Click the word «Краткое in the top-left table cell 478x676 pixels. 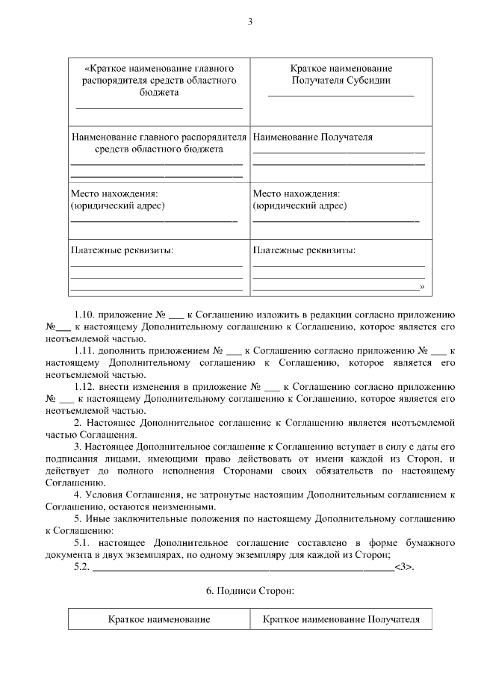pyautogui.click(x=106, y=68)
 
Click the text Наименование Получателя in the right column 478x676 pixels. pyautogui.click(x=313, y=137)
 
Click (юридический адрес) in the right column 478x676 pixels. pyautogui.click(x=299, y=205)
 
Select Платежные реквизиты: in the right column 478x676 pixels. pyautogui.click(x=304, y=250)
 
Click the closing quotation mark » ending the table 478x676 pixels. pyautogui.click(x=422, y=287)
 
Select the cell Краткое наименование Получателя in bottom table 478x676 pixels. pyautogui.click(x=341, y=620)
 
